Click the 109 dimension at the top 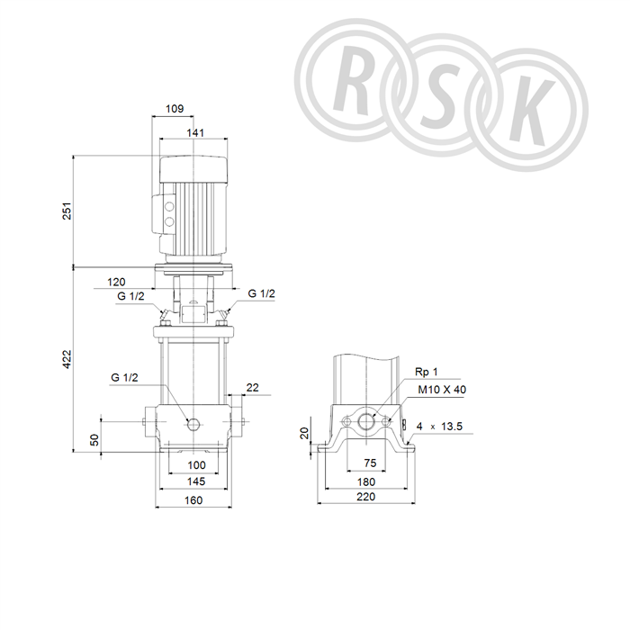[x=175, y=109]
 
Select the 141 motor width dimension [x=195, y=132]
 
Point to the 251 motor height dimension [x=67, y=211]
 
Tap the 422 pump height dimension [x=67, y=359]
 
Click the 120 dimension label [x=116, y=282]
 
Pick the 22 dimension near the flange [x=253, y=388]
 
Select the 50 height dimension [x=94, y=439]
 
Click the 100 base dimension [x=196, y=465]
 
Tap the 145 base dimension [x=196, y=481]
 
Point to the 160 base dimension [x=193, y=500]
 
